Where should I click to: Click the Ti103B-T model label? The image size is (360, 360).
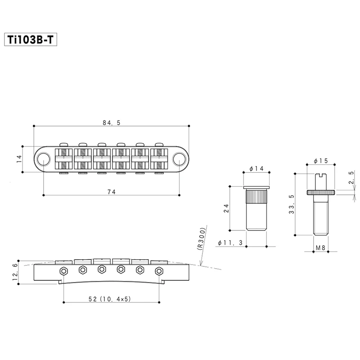30,40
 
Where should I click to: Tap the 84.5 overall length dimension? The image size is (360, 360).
112,123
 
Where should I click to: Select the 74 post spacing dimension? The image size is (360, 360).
112,192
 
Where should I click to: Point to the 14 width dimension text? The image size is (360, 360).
19,159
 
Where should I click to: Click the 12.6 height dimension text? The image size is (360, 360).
15,272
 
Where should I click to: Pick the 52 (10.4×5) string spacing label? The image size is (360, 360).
110,299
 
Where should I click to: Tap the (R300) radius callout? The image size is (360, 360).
201,239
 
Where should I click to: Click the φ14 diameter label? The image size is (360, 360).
256,169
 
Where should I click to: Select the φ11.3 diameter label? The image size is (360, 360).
230,243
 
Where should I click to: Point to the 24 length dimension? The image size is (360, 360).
226,208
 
